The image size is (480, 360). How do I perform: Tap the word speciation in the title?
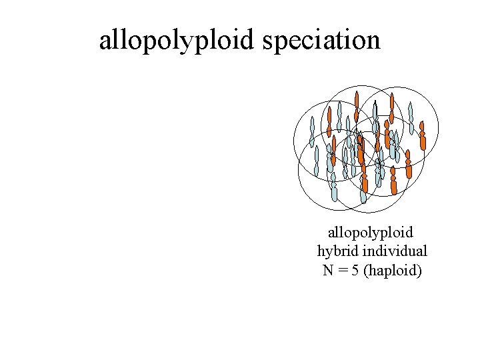click(321, 40)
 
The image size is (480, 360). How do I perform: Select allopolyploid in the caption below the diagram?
click(370, 233)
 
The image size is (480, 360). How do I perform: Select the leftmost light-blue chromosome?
click(311, 132)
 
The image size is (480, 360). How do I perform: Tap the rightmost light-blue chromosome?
click(411, 119)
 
